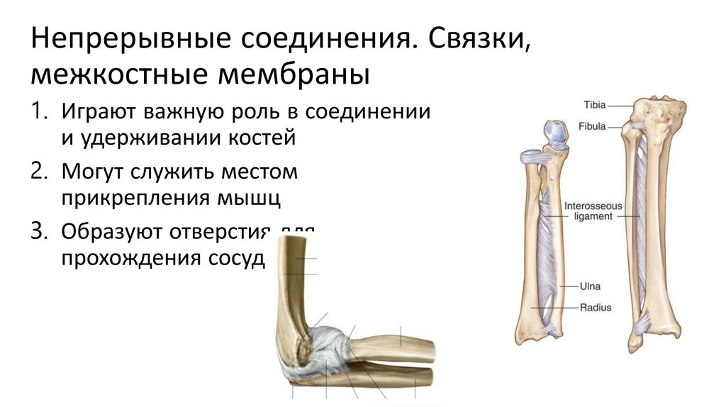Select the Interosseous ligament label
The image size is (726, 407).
(593, 211)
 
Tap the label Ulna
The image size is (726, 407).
(591, 286)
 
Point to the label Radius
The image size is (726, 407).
(596, 308)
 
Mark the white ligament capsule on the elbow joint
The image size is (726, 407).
(328, 347)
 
